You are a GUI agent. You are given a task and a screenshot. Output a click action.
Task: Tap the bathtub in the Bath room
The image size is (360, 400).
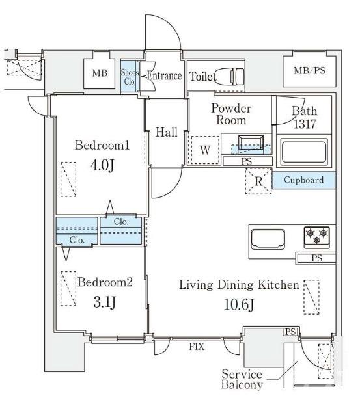[303, 152]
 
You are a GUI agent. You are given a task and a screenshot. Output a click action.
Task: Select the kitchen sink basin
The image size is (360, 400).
[268, 239]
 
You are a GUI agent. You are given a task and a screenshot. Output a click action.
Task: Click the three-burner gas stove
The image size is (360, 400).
[316, 237]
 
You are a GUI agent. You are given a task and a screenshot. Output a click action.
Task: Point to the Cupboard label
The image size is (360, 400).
[303, 180]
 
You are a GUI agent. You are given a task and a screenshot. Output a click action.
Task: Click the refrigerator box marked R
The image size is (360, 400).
[258, 181]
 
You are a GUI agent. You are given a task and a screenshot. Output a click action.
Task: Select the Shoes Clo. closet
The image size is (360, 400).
[130, 76]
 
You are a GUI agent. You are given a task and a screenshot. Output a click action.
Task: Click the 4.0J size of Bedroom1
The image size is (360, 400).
[102, 165]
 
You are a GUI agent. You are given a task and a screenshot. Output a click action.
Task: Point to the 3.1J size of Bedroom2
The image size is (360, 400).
[105, 302]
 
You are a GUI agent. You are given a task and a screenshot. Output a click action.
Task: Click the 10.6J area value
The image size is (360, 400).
[239, 304]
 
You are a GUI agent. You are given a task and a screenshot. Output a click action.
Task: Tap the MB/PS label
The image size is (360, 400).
[309, 70]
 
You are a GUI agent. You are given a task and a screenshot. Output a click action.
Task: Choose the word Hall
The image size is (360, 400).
[167, 132]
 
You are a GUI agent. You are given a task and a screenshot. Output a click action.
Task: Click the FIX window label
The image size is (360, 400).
[197, 347]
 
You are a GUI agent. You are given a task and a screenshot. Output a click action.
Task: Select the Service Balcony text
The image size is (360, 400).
[242, 379]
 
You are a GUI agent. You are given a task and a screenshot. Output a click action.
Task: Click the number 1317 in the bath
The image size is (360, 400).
[305, 124]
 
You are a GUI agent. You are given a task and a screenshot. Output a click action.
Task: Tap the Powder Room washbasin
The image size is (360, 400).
[251, 144]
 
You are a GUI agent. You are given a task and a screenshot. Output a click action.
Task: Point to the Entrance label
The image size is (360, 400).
[165, 76]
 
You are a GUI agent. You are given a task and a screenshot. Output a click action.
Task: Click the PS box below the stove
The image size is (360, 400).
[316, 258]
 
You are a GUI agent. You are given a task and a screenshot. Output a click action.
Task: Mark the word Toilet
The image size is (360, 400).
[202, 76]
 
